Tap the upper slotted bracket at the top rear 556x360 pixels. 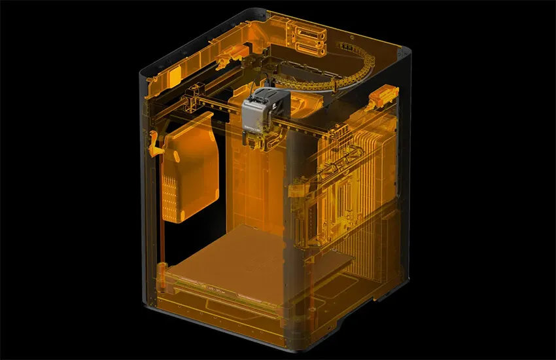tap(307, 33)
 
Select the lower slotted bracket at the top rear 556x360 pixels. tap(310, 47)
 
